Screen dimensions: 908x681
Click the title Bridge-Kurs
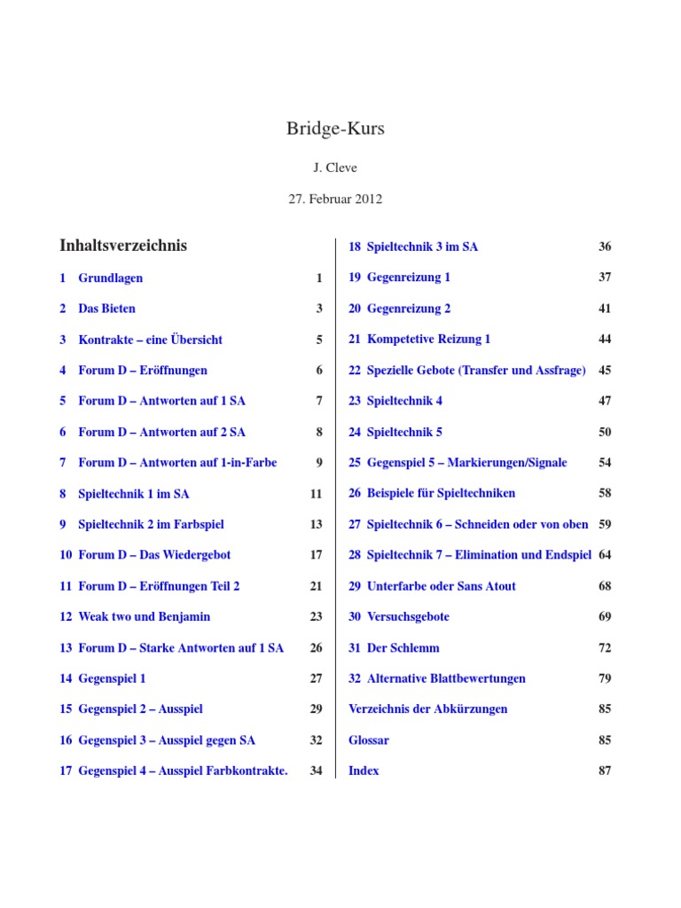point(335,129)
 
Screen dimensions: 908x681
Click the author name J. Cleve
point(335,168)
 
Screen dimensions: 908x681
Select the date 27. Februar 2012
point(335,199)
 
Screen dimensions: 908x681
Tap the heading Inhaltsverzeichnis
point(123,246)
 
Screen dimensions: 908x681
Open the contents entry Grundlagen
point(110,278)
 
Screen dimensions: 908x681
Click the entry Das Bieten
point(106,309)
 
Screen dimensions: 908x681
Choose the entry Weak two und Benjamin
point(144,616)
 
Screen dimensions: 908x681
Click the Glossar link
point(369,740)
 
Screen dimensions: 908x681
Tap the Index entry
point(364,771)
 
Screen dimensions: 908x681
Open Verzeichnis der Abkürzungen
point(428,708)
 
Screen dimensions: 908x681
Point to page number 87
point(605,771)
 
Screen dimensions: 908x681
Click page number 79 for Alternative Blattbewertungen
point(605,678)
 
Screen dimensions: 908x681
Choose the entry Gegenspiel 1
point(112,678)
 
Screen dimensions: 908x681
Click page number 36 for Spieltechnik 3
point(605,247)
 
